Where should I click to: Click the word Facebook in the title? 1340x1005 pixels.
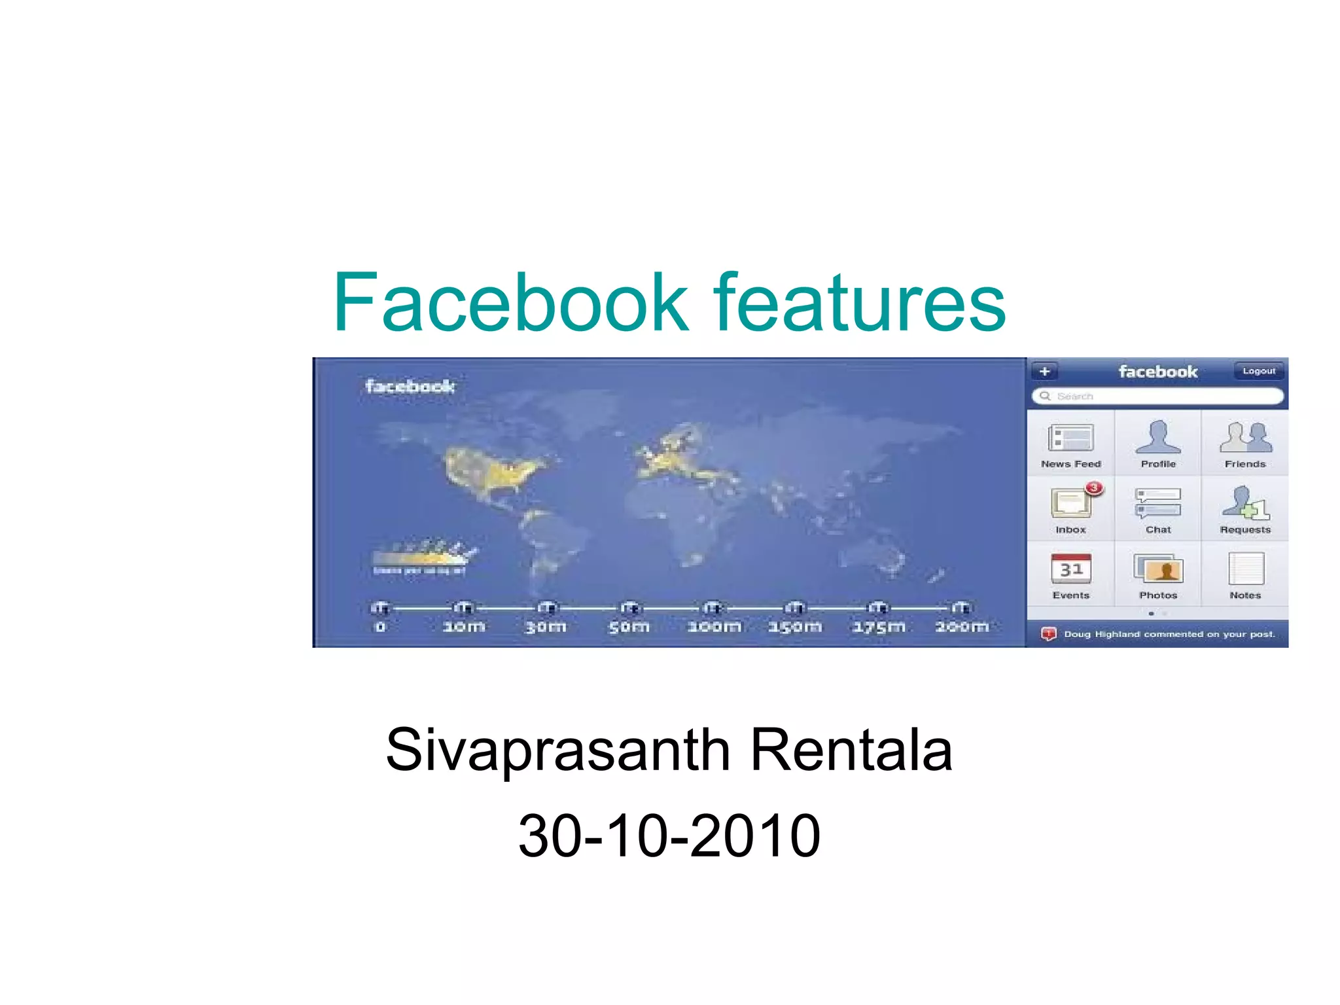tap(510, 302)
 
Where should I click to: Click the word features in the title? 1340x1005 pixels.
tap(858, 302)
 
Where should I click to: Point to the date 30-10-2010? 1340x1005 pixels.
tap(669, 836)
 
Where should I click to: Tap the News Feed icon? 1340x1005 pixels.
tap(1070, 438)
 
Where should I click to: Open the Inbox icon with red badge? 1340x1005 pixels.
tap(1071, 503)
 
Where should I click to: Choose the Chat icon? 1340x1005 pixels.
tap(1158, 503)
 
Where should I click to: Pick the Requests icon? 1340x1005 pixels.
tap(1245, 503)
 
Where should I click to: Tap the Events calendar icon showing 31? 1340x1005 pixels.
tap(1070, 569)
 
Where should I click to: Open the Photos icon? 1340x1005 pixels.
tap(1158, 569)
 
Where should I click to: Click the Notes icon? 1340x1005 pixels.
tap(1245, 569)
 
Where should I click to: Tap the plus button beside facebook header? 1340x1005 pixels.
tap(1044, 372)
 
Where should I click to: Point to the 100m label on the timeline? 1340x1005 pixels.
tap(714, 627)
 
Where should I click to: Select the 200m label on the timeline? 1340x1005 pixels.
tap(961, 627)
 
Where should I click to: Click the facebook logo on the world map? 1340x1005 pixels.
tap(410, 387)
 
